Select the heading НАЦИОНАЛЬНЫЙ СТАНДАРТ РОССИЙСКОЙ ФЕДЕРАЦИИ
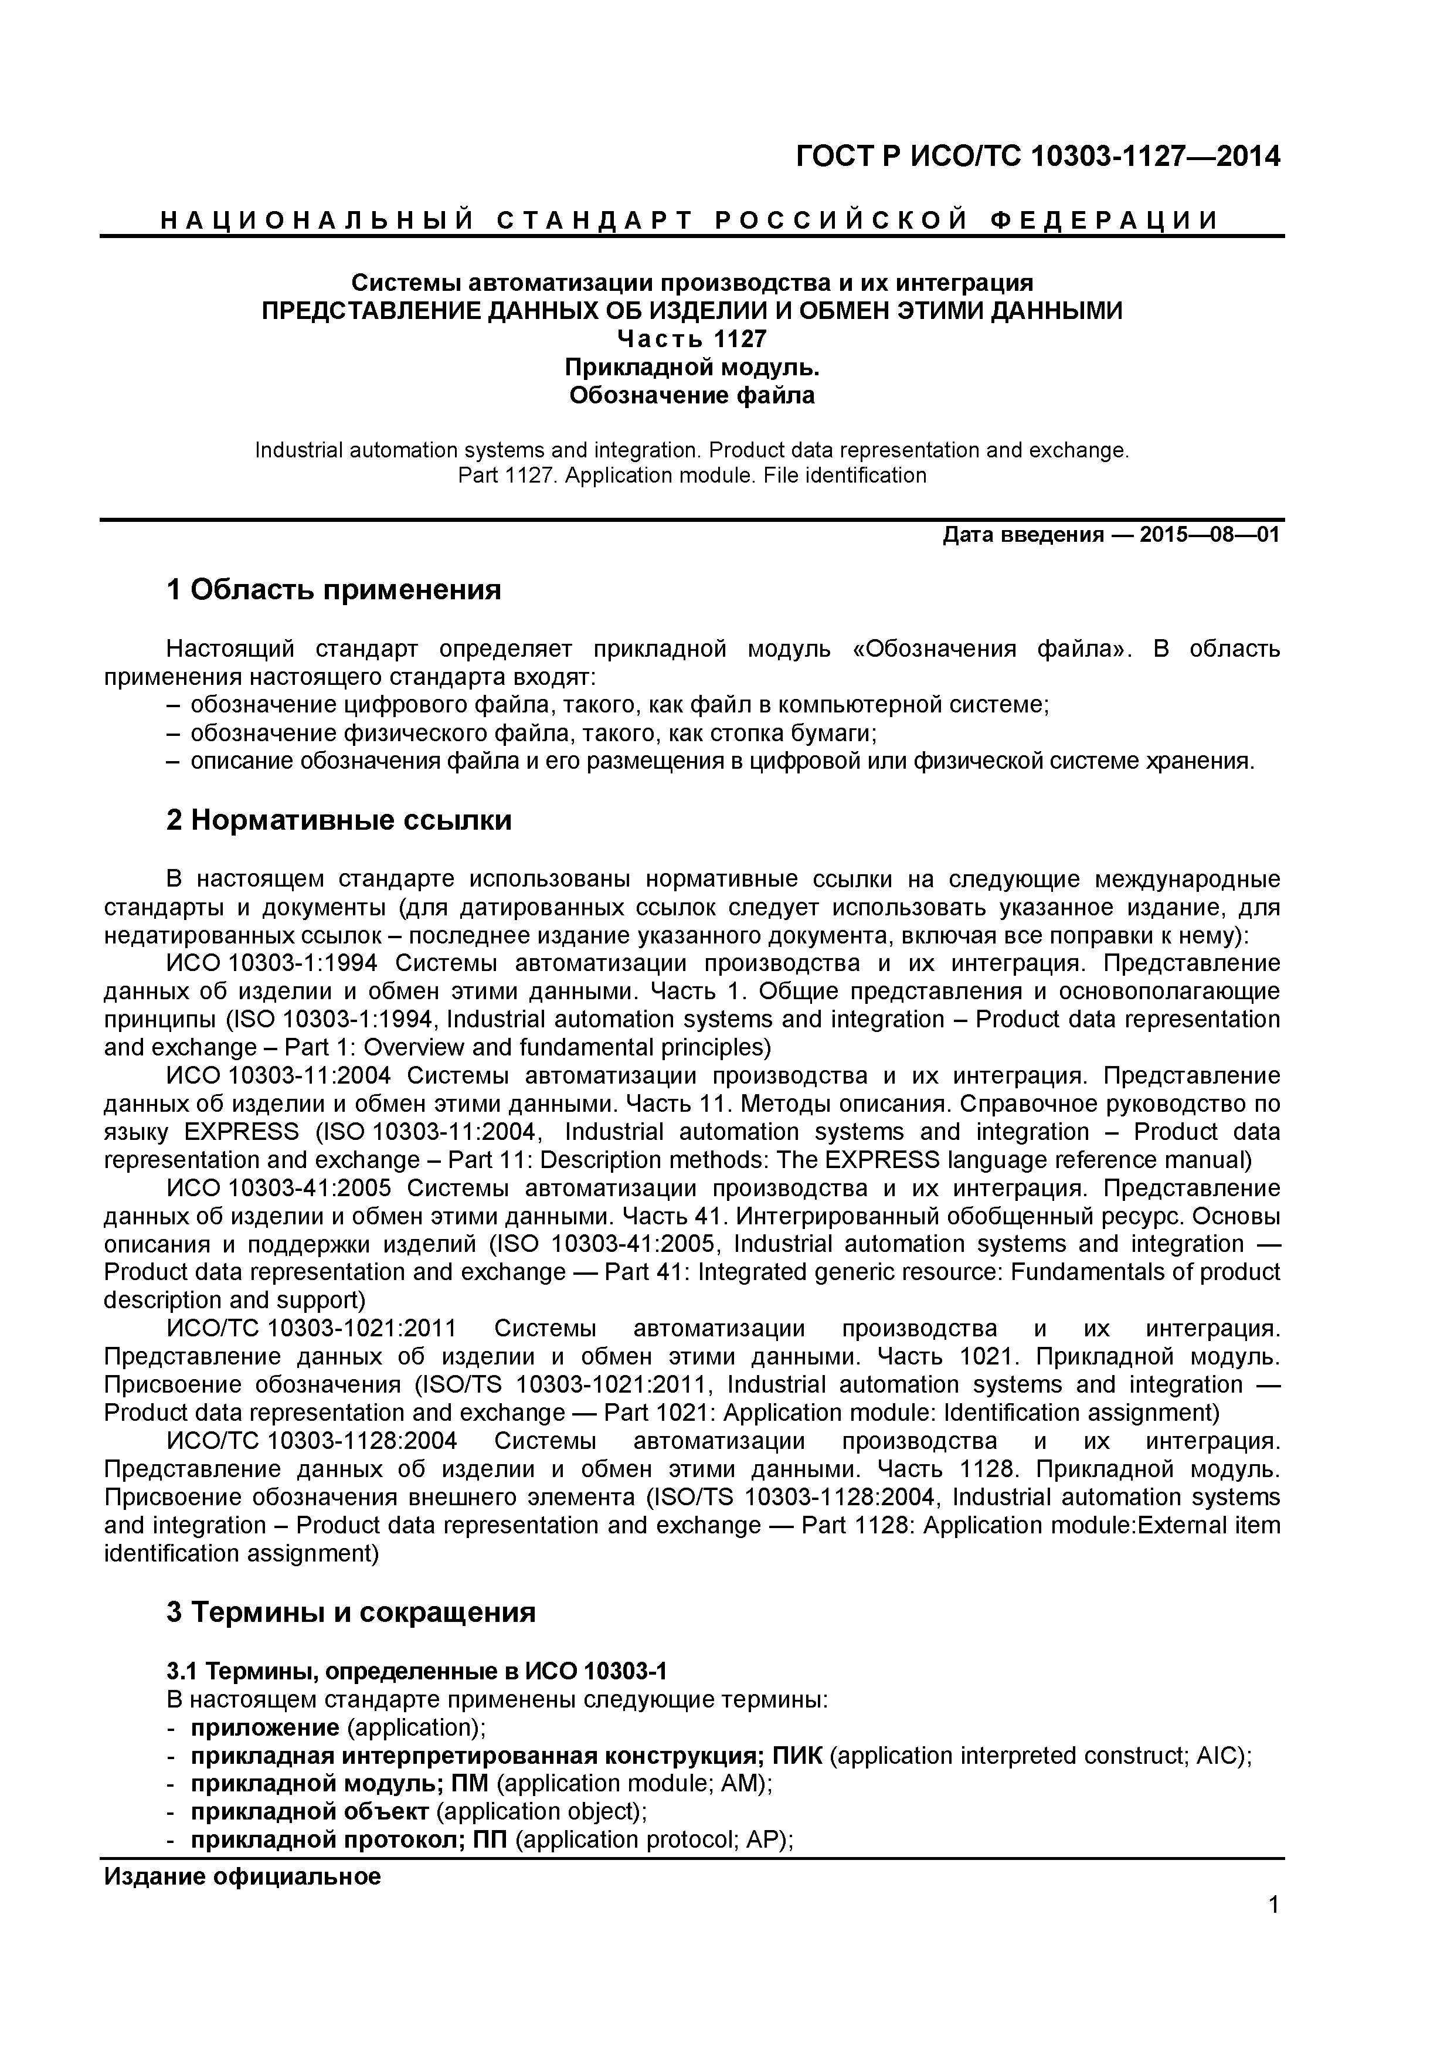[x=690, y=220]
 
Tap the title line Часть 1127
[x=692, y=340]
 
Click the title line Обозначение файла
[x=692, y=395]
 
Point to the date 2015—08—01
[x=1210, y=536]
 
